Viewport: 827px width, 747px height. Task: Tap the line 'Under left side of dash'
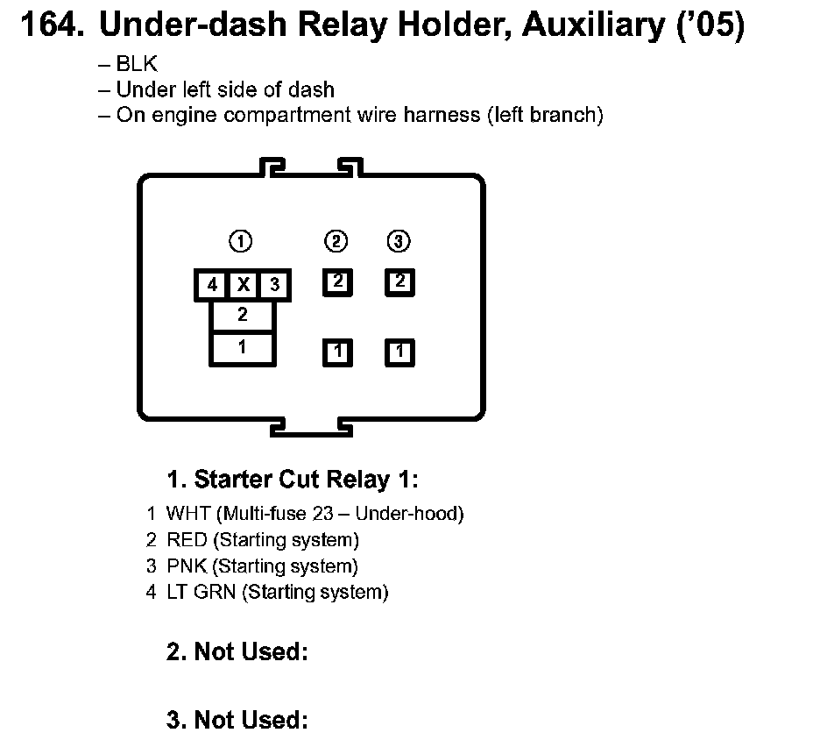point(224,89)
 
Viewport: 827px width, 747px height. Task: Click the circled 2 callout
point(337,241)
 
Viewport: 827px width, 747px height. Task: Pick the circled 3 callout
point(399,241)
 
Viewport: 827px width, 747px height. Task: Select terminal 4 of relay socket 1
point(212,285)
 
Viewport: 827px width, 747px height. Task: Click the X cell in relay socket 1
point(244,285)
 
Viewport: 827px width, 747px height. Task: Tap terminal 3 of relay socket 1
point(274,285)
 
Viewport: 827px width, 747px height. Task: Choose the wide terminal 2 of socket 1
point(243,316)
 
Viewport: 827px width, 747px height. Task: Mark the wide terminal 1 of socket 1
point(243,348)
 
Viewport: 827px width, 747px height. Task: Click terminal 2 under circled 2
point(338,282)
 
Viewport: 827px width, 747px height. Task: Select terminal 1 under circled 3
point(399,352)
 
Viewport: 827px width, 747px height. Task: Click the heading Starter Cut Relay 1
point(293,480)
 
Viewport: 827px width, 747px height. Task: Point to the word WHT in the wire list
point(187,514)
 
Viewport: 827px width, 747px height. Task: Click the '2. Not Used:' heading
point(237,652)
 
